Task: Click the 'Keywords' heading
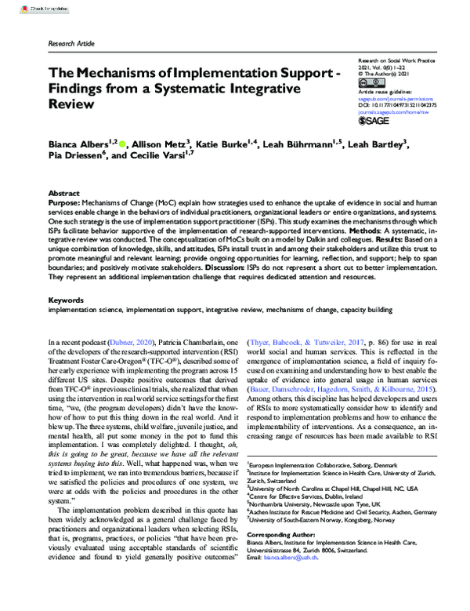click(x=66, y=299)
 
